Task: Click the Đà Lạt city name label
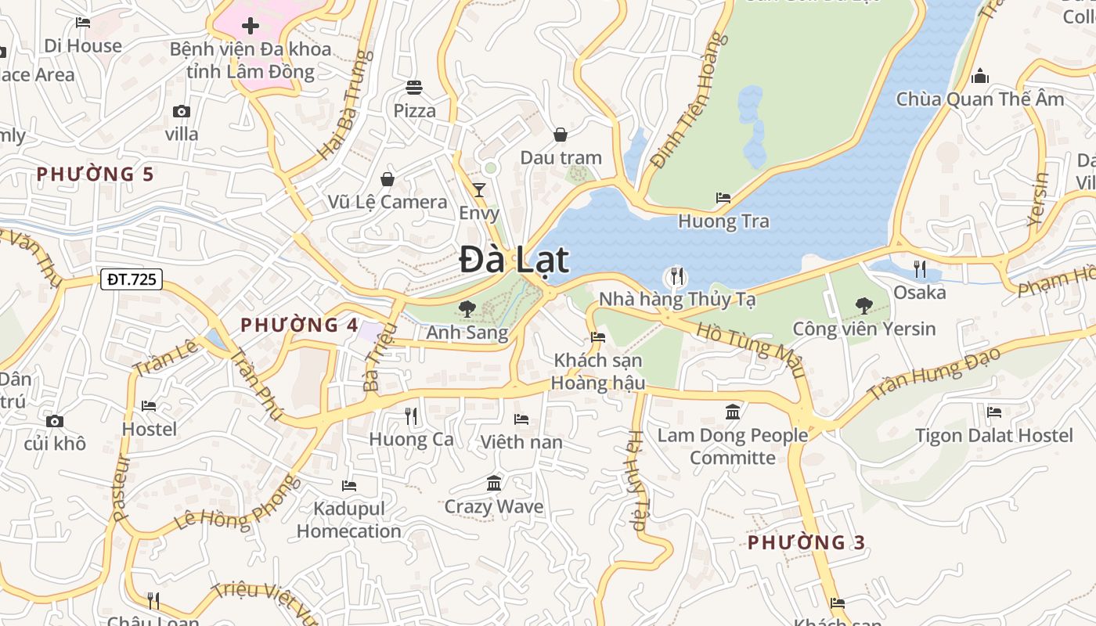coord(514,260)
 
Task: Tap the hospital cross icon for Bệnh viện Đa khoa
coord(251,26)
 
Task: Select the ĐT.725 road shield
coord(132,279)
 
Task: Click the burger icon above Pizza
coord(414,87)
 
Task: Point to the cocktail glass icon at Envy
coord(479,189)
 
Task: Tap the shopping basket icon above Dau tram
coord(561,135)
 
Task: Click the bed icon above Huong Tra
coord(723,198)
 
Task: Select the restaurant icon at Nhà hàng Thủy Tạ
coord(676,275)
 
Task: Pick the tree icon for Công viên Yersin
coord(864,305)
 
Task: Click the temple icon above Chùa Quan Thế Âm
coord(979,76)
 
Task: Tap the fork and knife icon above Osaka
coord(920,269)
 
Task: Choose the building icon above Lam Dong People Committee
coord(733,412)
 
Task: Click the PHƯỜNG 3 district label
coord(806,542)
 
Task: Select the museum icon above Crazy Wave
coord(494,483)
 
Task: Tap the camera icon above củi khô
coord(54,421)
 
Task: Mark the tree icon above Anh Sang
coord(467,309)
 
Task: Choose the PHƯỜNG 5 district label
coord(96,174)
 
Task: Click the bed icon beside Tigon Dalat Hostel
coord(994,412)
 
